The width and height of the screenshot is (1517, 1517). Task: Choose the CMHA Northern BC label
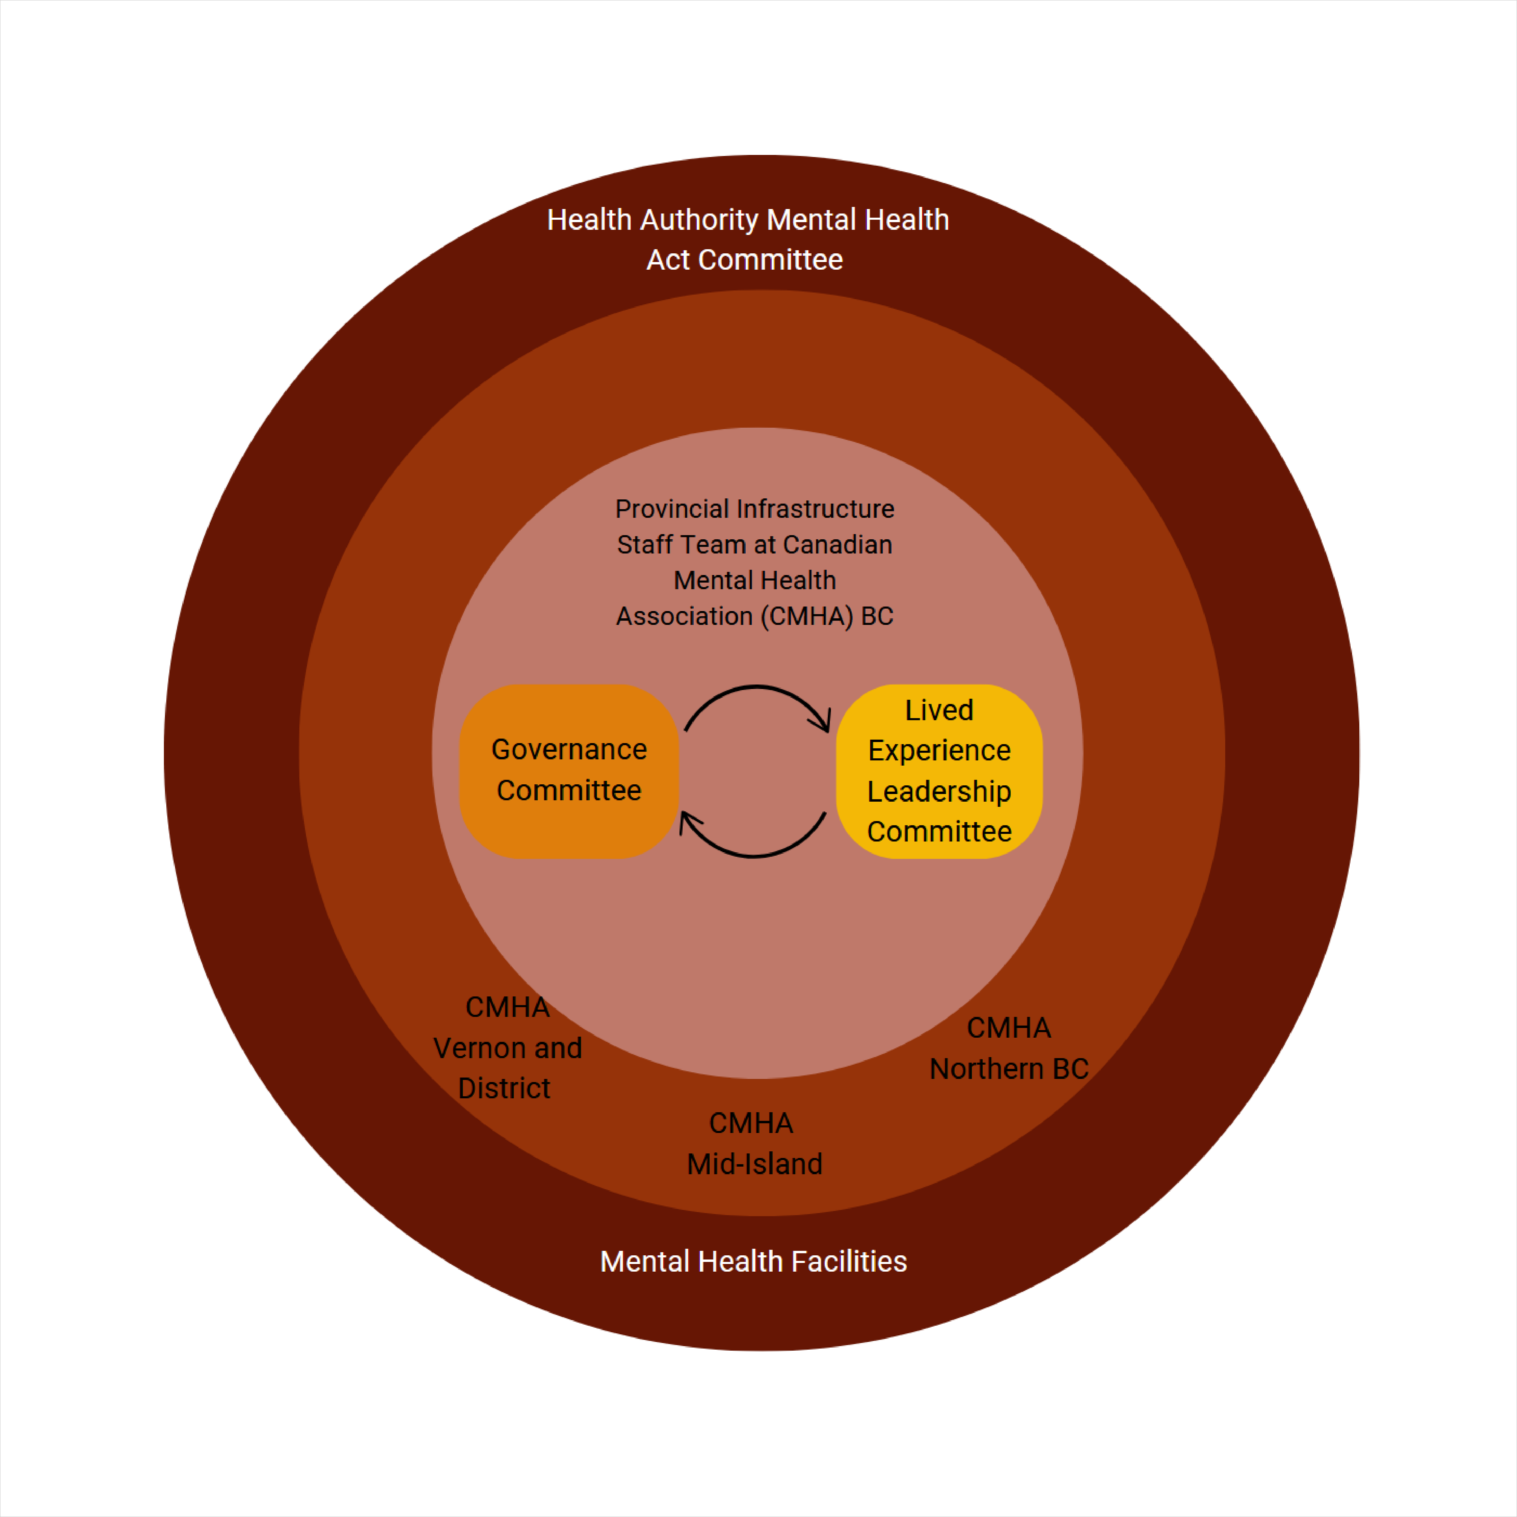tap(1009, 1048)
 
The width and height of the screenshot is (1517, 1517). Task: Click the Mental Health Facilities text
tap(753, 1261)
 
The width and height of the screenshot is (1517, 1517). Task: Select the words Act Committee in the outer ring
tap(744, 260)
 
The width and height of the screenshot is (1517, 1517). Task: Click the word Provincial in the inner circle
tap(671, 509)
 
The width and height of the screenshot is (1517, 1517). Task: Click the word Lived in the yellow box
tap(939, 710)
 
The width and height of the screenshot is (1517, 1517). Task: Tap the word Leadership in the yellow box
tap(939, 791)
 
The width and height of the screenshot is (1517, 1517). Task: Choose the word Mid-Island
tap(754, 1164)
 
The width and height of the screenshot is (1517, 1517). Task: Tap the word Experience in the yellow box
tap(939, 751)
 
